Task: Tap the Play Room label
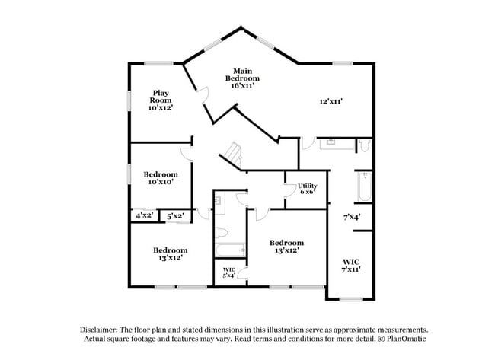point(160,100)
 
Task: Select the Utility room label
point(307,188)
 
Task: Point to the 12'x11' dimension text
point(331,100)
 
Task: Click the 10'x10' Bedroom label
point(161,178)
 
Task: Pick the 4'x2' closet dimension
point(144,216)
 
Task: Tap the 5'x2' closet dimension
point(175,216)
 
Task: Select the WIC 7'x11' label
point(350,266)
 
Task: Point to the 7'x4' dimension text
point(351,217)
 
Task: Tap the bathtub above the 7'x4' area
point(363,187)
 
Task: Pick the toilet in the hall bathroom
point(220,231)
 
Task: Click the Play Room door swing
point(202,95)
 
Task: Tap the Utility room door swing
point(290,191)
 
